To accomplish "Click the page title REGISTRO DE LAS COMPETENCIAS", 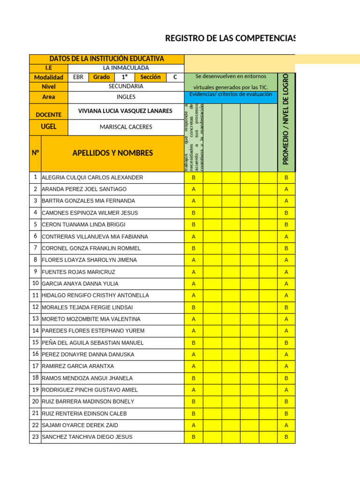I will [x=230, y=38].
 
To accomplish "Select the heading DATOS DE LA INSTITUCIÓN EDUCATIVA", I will [x=107, y=59].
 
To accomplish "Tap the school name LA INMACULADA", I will [x=126, y=68].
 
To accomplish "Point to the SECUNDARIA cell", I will [x=126, y=86].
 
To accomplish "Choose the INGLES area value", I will [x=126, y=97].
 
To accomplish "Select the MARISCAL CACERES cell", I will [x=126, y=127].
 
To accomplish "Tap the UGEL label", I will [x=48, y=127].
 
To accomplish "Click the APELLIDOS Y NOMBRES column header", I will [x=112, y=153].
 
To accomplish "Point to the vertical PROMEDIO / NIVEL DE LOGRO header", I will [x=286, y=119].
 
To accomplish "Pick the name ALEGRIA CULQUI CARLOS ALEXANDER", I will [x=92, y=178].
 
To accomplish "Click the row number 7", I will [x=35, y=247].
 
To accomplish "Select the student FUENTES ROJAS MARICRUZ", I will [x=78, y=272].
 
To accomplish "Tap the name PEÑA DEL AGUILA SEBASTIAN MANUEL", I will [x=92, y=343].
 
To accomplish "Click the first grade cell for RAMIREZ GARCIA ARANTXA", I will [x=194, y=366].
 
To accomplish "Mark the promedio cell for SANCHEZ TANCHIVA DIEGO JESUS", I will [x=286, y=437].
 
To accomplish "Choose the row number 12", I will [x=35, y=307].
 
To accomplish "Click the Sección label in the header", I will [x=150, y=77].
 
